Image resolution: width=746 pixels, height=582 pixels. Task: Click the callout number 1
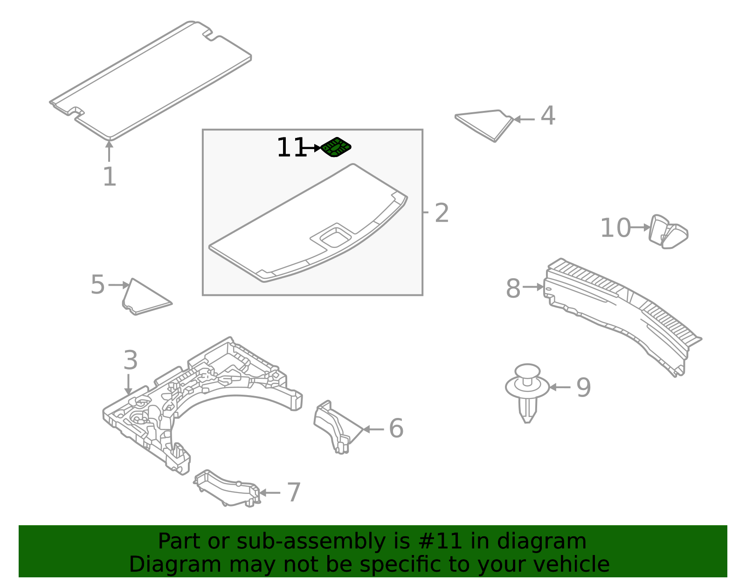(110, 177)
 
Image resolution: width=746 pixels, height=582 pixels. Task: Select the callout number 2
(442, 213)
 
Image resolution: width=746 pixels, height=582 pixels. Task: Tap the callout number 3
(131, 360)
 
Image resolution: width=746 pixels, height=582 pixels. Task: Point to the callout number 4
(548, 116)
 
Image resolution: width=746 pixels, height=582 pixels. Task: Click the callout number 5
(97, 284)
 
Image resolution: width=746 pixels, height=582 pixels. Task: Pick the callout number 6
(396, 428)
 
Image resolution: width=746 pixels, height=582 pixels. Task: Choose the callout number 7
(294, 493)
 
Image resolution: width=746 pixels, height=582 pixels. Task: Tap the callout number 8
(513, 288)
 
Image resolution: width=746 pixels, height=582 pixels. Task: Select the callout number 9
(583, 388)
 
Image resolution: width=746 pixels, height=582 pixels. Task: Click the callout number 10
(615, 228)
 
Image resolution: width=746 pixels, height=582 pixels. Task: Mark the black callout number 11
(291, 147)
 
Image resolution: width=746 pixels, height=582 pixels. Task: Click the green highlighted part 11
(335, 147)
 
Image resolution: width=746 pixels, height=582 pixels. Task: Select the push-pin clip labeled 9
(527, 393)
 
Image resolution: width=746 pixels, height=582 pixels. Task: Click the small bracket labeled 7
(227, 488)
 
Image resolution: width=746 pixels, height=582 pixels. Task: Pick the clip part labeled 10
(669, 232)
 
